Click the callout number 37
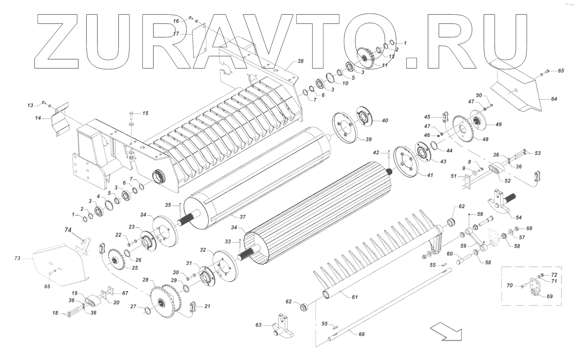click(243, 217)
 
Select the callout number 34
click(234, 227)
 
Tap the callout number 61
click(354, 297)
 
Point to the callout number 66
click(361, 334)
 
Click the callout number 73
click(17, 258)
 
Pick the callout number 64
click(554, 99)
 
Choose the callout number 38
click(300, 61)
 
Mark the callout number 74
click(68, 230)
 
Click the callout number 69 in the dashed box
click(549, 296)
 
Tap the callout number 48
click(485, 139)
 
